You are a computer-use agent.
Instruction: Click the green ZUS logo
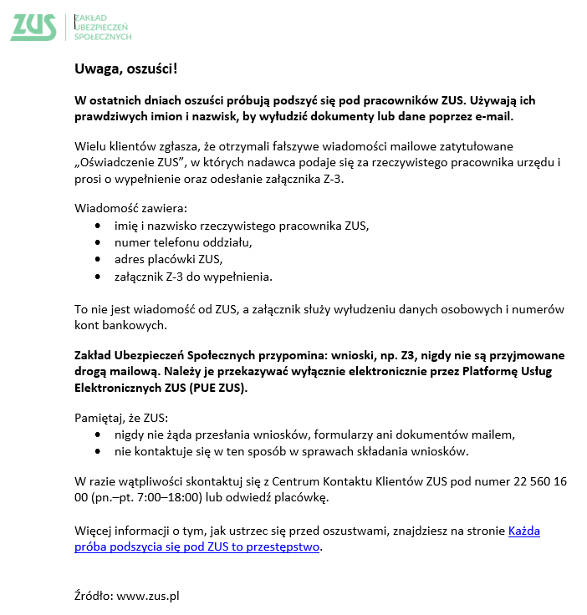(33, 26)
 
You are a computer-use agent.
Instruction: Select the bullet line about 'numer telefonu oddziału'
(183, 242)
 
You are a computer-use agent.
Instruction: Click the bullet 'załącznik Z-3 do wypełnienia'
(193, 276)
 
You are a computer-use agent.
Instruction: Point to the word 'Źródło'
(93, 596)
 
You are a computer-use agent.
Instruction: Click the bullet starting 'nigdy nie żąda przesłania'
(314, 435)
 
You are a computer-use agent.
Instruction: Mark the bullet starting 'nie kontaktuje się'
(292, 451)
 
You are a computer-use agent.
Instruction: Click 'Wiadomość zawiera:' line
(130, 208)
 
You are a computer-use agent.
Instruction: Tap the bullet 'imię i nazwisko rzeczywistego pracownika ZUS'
(242, 226)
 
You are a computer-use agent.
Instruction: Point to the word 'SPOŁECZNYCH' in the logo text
(103, 37)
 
